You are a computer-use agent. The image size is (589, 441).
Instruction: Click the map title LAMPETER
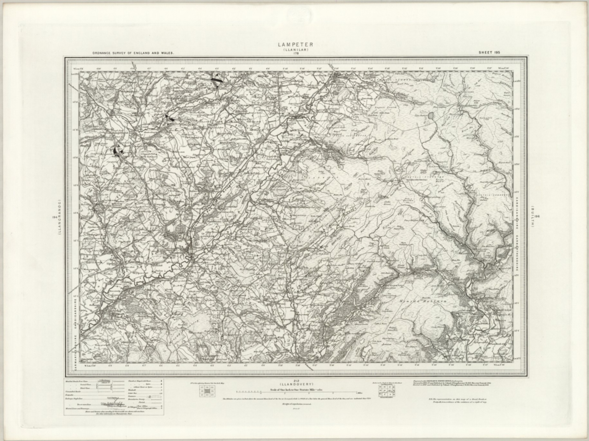point(295,45)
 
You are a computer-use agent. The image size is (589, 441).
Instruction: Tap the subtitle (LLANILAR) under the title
point(295,50)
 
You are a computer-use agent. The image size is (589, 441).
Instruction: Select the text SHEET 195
point(489,52)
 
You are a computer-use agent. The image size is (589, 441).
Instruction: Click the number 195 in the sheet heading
point(497,52)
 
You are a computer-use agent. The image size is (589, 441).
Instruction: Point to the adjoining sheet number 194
point(54,217)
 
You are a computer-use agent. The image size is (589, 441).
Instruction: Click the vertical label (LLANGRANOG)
point(60,217)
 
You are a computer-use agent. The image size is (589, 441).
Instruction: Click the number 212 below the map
point(295,381)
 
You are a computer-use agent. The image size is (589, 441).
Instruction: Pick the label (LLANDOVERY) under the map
point(295,384)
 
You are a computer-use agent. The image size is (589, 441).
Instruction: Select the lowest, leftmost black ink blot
point(117,150)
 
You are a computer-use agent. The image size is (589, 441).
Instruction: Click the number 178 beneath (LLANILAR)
point(296,54)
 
